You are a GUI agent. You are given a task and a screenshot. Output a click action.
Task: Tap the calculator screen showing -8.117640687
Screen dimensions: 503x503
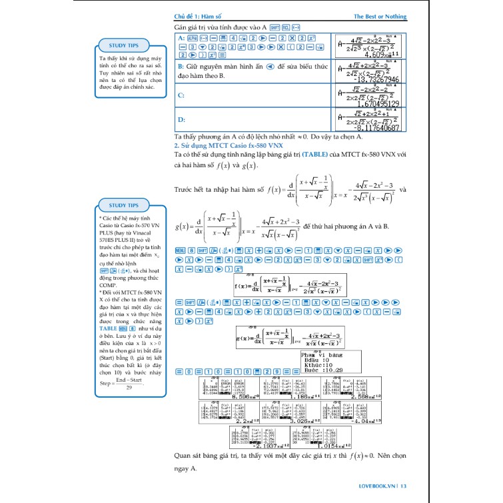tap(368, 121)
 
